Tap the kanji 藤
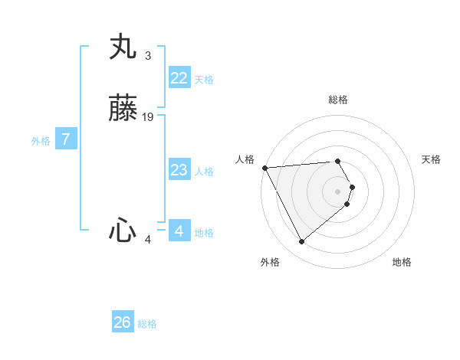click(123, 110)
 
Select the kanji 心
click(123, 231)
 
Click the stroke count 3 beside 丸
click(147, 56)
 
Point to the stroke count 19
click(149, 116)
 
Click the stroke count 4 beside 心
click(148, 240)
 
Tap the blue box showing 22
click(179, 77)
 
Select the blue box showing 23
click(179, 169)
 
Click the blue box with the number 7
click(67, 139)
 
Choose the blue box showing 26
click(123, 322)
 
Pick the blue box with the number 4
click(179, 231)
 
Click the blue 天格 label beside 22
click(204, 80)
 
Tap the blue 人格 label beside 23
click(204, 172)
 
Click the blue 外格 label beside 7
click(41, 141)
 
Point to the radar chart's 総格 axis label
click(338, 100)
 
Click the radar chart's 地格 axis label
click(402, 262)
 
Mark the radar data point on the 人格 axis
click(264, 167)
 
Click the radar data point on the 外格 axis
click(301, 242)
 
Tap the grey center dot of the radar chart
click(338, 191)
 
